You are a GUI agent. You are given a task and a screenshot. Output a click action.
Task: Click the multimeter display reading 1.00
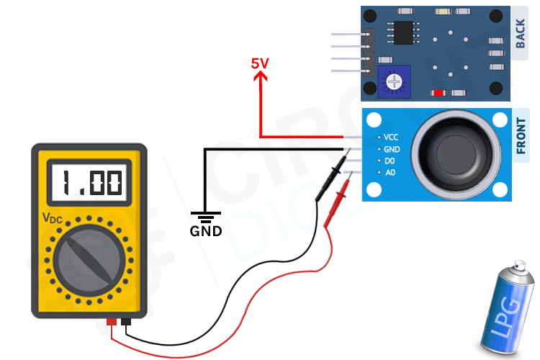pyautogui.click(x=89, y=183)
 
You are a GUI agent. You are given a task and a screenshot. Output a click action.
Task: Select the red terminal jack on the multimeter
pyautogui.click(x=112, y=322)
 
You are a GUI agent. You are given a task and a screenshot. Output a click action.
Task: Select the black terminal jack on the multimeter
pyautogui.click(x=127, y=322)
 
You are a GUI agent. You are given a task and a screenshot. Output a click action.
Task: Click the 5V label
pyautogui.click(x=260, y=63)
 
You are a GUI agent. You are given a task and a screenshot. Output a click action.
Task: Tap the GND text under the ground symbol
pyautogui.click(x=205, y=232)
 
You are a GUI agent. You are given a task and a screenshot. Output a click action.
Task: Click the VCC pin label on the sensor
pyautogui.click(x=391, y=137)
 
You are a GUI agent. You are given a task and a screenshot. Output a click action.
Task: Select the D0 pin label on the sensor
pyautogui.click(x=390, y=161)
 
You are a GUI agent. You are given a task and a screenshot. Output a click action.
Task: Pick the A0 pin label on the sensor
pyautogui.click(x=390, y=173)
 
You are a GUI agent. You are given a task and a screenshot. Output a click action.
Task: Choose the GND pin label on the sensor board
pyautogui.click(x=391, y=149)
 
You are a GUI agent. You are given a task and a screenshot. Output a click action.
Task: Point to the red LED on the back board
pyautogui.click(x=438, y=93)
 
